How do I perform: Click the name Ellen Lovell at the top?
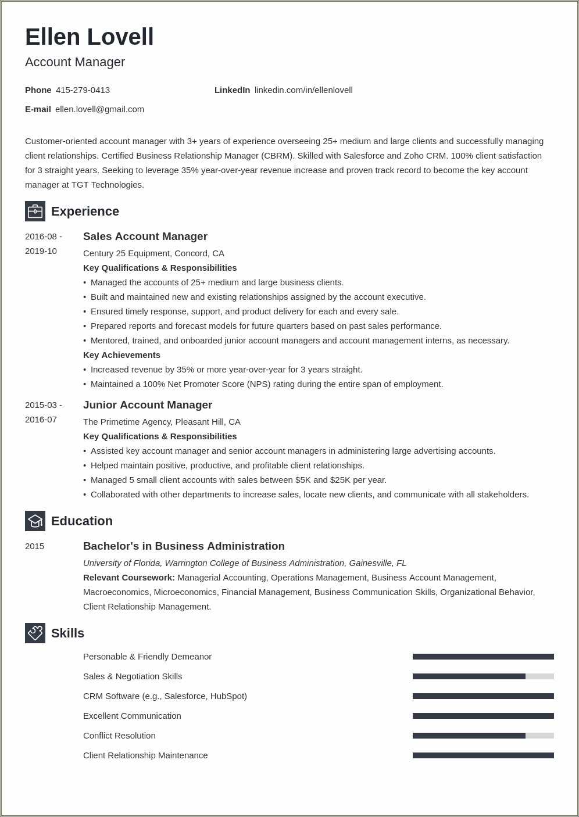[90, 37]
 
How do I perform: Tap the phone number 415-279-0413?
[83, 90]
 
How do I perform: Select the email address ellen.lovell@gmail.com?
[99, 109]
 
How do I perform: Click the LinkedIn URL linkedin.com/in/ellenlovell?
[303, 90]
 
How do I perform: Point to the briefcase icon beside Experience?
[35, 211]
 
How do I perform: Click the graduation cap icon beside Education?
[35, 521]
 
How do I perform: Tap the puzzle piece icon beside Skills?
[35, 633]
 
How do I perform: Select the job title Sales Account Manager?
[145, 236]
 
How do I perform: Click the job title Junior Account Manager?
[148, 405]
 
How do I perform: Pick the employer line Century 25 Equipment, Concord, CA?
[153, 253]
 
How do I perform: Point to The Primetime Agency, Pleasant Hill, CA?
[162, 422]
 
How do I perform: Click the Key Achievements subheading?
[121, 355]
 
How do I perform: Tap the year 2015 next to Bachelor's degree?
[35, 546]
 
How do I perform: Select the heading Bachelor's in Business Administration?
[184, 546]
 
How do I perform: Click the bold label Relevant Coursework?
[129, 578]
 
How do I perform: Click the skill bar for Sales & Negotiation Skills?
[483, 676]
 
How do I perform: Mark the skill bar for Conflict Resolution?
[483, 736]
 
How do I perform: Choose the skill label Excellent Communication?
[132, 716]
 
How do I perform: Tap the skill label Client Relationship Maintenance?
[145, 755]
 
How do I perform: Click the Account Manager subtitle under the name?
[75, 62]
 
